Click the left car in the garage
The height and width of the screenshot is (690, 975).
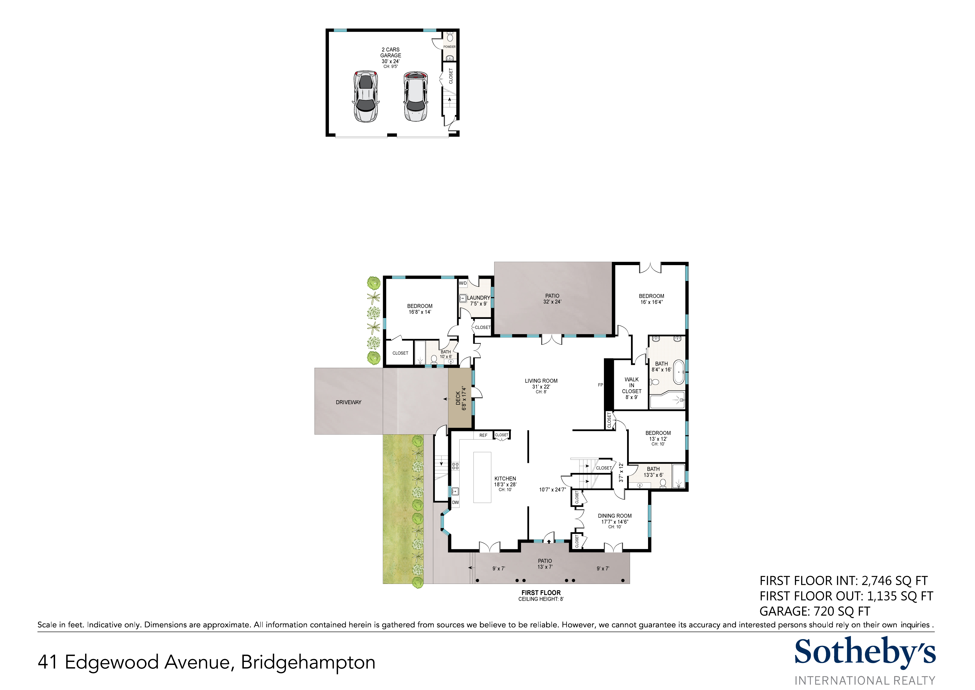point(366,96)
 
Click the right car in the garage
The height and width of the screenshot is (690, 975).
point(415,96)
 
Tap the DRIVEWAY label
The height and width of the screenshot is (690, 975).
point(349,402)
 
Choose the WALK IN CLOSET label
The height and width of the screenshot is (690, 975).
point(631,385)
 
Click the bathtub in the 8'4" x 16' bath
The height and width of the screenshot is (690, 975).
point(679,372)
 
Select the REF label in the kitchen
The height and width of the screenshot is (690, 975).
point(483,436)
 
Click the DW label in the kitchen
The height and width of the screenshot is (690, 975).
point(455,503)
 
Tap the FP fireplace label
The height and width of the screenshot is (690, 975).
point(601,385)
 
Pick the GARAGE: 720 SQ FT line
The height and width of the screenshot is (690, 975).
point(815,611)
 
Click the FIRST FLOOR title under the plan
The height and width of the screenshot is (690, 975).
point(541,593)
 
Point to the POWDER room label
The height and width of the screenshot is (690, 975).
point(449,47)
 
